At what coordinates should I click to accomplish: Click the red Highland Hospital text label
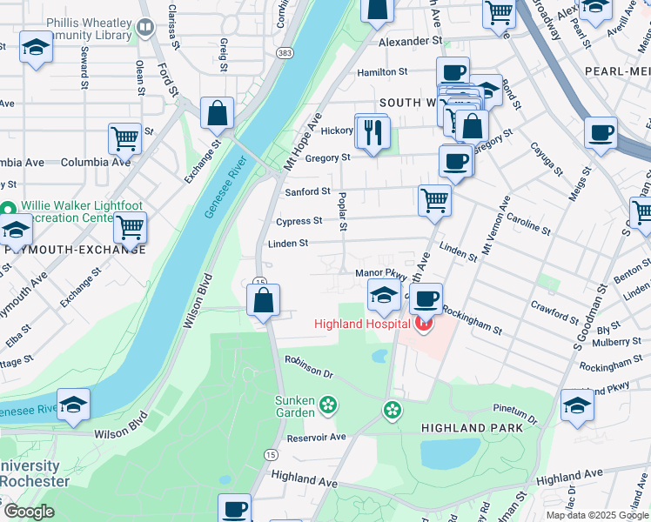[362, 325]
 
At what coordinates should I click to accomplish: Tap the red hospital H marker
[424, 325]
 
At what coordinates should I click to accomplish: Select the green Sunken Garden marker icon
[328, 404]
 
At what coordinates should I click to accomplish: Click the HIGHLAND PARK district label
[472, 428]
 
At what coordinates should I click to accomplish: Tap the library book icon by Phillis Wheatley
[146, 28]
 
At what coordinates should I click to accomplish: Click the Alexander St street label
[410, 41]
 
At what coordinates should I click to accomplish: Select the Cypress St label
[299, 221]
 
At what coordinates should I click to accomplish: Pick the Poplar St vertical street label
[343, 212]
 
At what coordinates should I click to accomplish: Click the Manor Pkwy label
[376, 273]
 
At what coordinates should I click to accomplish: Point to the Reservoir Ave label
[316, 437]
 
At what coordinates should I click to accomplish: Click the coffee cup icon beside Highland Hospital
[426, 299]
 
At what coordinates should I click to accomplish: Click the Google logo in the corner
[29, 512]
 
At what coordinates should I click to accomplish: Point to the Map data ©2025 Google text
[598, 515]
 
